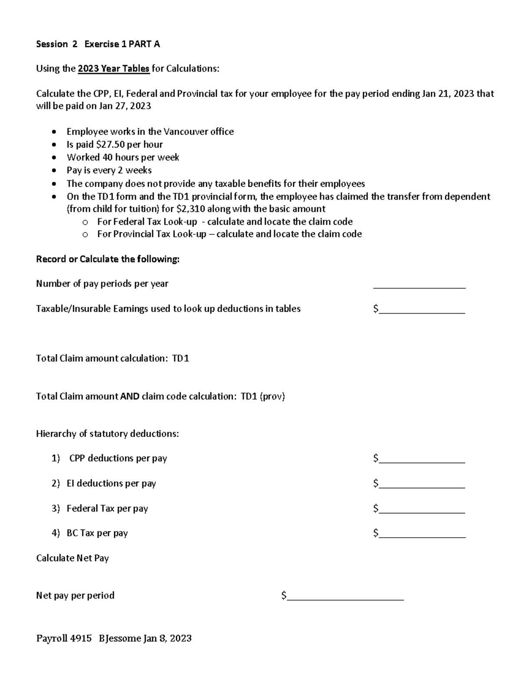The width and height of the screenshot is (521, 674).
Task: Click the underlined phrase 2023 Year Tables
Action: coord(114,69)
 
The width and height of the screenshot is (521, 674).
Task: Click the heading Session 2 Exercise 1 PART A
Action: coord(98,44)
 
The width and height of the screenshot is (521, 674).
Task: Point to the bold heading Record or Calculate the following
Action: coord(108,259)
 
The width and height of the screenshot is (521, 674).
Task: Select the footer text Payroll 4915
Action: coord(64,638)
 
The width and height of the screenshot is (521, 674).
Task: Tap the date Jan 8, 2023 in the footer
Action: coord(168,638)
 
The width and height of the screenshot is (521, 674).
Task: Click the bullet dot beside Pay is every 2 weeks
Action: coord(54,171)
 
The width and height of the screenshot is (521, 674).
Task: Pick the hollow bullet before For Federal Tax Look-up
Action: coord(85,222)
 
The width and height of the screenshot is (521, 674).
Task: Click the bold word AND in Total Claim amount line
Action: coord(130,396)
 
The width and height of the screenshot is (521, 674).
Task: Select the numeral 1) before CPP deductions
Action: coord(56,458)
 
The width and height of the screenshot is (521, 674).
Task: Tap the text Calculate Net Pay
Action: coord(73,558)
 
